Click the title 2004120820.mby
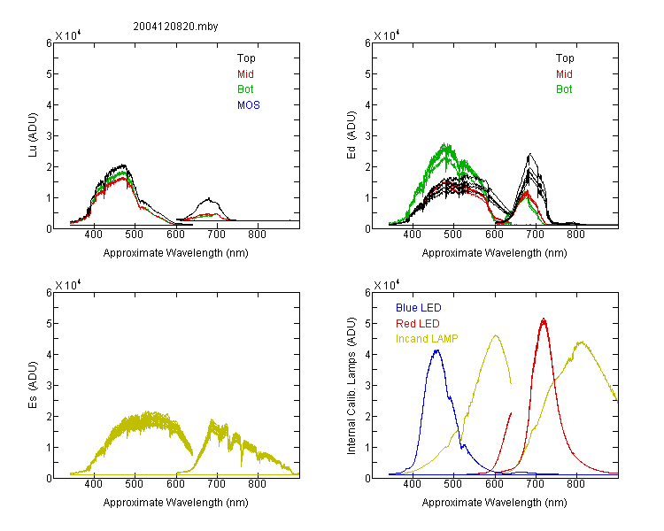point(175,27)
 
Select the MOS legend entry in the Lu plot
point(249,105)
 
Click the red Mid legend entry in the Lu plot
point(245,74)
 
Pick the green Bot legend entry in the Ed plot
point(564,89)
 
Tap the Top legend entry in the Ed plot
point(565,58)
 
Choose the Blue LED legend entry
point(419,308)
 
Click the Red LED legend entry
point(418,324)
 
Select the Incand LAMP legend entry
point(427,339)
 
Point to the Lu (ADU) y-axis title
point(33,135)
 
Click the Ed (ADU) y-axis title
point(351,135)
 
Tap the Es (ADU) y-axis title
point(33,385)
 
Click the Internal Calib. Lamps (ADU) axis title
point(351,386)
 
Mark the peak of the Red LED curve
point(544,319)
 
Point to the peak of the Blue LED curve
point(437,350)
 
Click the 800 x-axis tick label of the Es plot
point(257,484)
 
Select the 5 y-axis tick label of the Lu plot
point(49,74)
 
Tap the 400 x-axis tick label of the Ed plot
point(412,235)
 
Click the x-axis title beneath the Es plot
point(176,503)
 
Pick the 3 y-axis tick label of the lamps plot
point(367,385)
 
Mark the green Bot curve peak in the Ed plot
point(445,144)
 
